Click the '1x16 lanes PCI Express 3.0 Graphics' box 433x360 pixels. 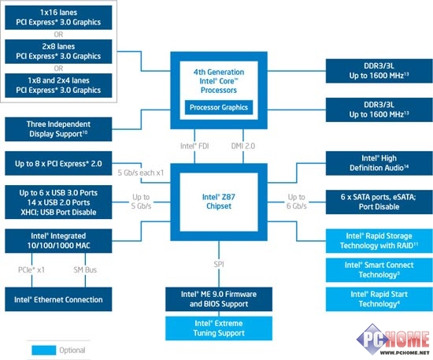(x=58, y=17)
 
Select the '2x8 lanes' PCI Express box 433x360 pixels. (x=58, y=51)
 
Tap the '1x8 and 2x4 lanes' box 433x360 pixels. (x=58, y=85)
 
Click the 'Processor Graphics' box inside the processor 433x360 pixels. (x=219, y=107)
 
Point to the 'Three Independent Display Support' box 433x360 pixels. (x=58, y=129)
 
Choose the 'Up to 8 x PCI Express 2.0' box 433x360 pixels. (x=58, y=163)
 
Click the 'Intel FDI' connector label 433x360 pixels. (x=194, y=146)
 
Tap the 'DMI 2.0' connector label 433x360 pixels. (x=243, y=146)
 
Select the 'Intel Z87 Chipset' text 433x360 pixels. (x=219, y=202)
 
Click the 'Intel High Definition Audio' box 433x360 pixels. (x=379, y=163)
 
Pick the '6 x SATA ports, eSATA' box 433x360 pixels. (x=379, y=202)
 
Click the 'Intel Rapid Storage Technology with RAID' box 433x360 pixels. (x=379, y=240)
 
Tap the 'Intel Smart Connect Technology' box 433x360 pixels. (x=379, y=270)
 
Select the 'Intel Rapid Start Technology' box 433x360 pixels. (x=379, y=299)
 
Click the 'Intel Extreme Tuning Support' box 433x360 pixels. (x=219, y=328)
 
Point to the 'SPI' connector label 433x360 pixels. (x=219, y=265)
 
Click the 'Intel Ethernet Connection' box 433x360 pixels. (x=58, y=299)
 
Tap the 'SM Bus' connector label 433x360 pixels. (x=85, y=269)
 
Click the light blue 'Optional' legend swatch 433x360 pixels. (x=43, y=350)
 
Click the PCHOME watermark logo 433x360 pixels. (x=393, y=340)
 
